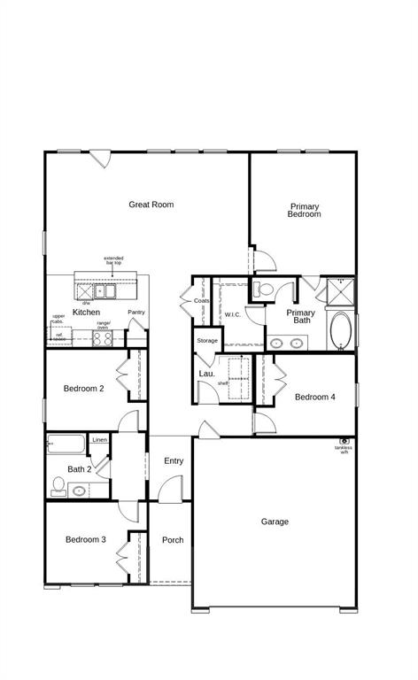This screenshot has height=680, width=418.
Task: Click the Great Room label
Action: (x=151, y=205)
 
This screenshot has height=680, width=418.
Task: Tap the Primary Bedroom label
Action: (x=304, y=211)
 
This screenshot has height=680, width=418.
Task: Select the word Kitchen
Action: (x=86, y=313)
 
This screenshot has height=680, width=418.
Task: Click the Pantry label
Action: (x=136, y=313)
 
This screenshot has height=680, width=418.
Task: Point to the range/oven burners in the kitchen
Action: (x=102, y=337)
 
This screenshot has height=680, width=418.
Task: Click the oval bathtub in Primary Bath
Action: (x=340, y=331)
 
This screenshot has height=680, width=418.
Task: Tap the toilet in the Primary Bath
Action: (x=263, y=289)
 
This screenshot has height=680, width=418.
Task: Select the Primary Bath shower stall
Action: (x=339, y=290)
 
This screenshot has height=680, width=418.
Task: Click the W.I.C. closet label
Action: (x=233, y=314)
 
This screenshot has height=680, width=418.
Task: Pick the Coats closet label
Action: (x=202, y=301)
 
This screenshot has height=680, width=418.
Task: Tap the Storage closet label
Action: (x=207, y=341)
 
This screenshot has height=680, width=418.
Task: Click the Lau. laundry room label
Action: (x=206, y=374)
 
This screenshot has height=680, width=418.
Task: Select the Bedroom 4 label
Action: (x=315, y=398)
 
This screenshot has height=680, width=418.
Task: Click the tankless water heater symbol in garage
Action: (x=344, y=441)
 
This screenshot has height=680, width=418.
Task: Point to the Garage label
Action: (x=275, y=522)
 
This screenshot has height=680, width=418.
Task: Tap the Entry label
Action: (x=174, y=460)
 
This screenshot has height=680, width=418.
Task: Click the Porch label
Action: (x=173, y=540)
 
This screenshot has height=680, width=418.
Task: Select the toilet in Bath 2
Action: (x=58, y=484)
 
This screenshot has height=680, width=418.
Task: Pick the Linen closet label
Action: (x=99, y=440)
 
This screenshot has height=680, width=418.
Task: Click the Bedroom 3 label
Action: (x=85, y=540)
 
